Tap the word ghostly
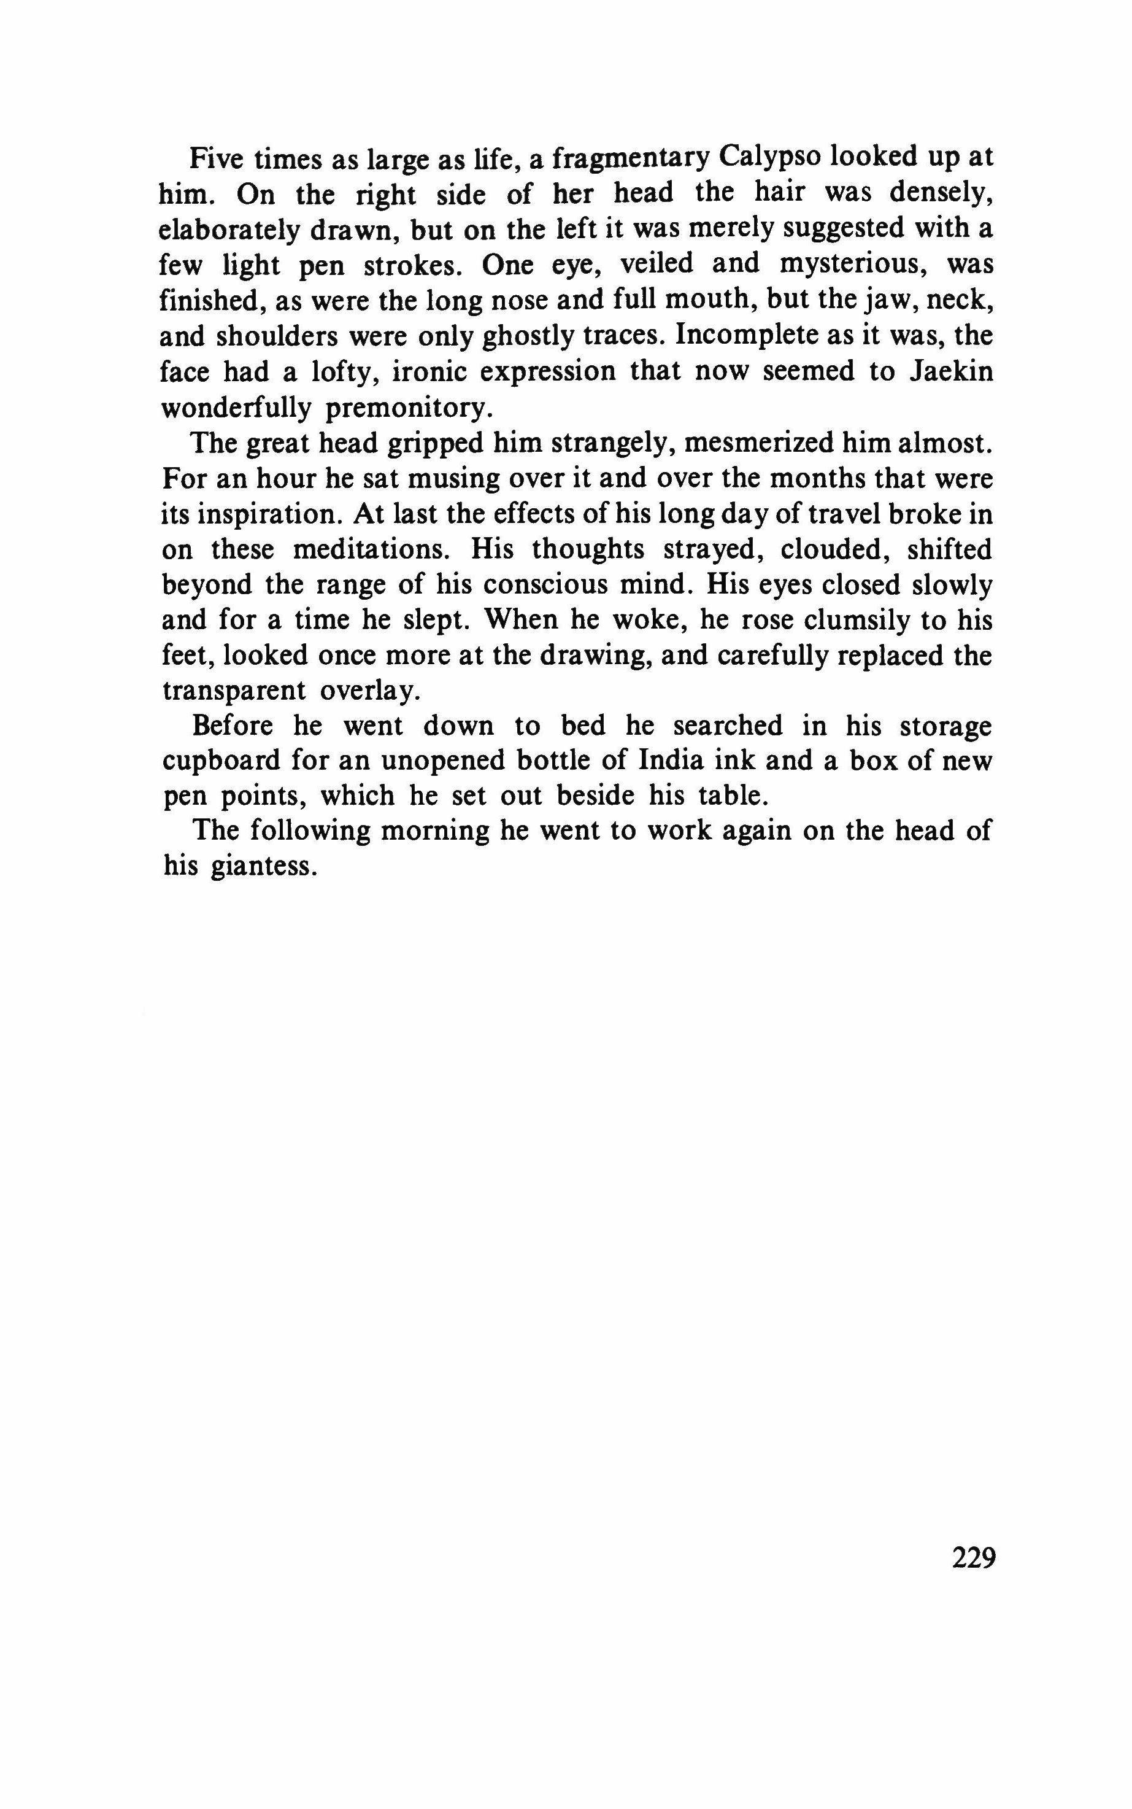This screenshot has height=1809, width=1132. tap(528, 337)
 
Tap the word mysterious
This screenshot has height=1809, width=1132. tap(846, 265)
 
